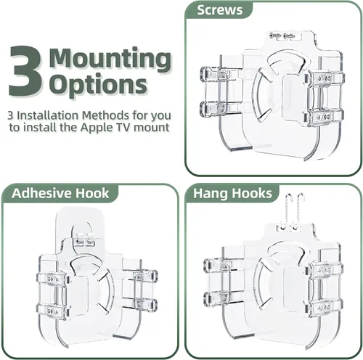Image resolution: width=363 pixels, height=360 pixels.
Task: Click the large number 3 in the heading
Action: pyautogui.click(x=25, y=71)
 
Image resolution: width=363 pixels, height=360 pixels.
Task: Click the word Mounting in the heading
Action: pyautogui.click(x=110, y=60)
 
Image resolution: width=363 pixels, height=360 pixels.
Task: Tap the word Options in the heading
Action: pyautogui.click(x=99, y=85)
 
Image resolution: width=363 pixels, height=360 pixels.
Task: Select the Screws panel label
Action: pyautogui.click(x=219, y=10)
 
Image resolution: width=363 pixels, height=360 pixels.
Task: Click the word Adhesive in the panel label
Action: pyautogui.click(x=41, y=193)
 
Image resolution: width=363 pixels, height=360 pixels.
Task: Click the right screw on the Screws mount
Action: pyautogui.click(x=289, y=36)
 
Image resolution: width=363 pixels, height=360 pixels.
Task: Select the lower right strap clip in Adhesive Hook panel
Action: pyautogui.click(x=145, y=304)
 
